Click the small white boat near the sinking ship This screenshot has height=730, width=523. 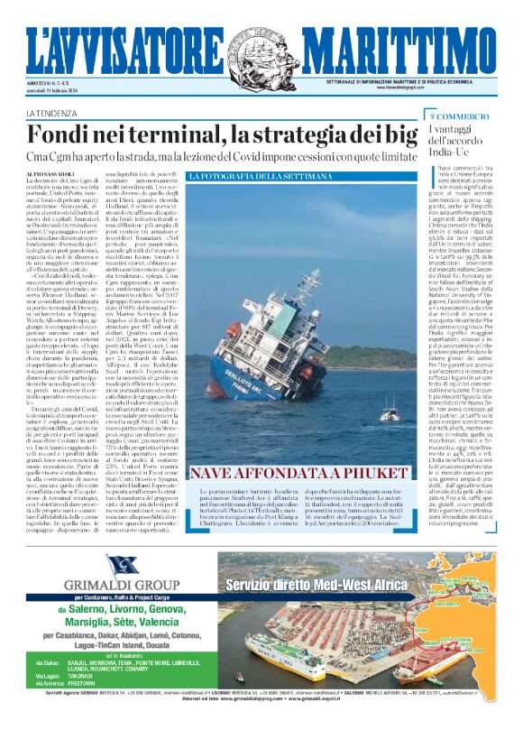[389, 415]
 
